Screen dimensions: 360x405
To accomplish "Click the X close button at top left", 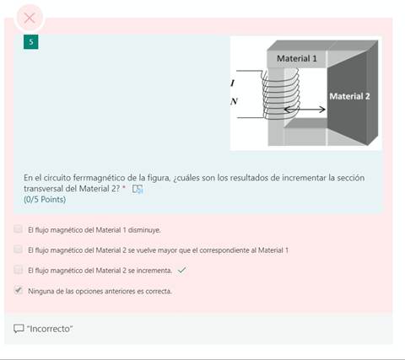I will [30, 17].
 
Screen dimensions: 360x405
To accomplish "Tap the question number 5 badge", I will [30, 42].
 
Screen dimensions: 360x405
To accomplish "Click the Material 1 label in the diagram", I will [297, 58].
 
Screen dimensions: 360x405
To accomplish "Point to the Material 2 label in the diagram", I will [349, 96].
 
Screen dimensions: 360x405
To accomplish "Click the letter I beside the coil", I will [233, 83].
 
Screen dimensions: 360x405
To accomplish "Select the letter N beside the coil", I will [234, 102].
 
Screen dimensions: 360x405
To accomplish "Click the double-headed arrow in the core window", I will [305, 110].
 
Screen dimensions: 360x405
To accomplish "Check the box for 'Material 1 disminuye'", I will [19, 228].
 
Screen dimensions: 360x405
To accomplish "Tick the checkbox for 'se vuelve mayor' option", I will [19, 250].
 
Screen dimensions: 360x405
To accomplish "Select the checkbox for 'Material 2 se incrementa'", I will [19, 270].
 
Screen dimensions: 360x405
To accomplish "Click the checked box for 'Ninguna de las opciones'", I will [19, 290].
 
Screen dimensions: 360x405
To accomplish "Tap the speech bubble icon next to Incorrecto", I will [19, 328].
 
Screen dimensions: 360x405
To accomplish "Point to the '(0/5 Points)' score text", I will [45, 199].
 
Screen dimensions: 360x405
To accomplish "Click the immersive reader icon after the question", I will [138, 189].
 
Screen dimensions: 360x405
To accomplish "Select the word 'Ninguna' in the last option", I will [41, 291].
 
